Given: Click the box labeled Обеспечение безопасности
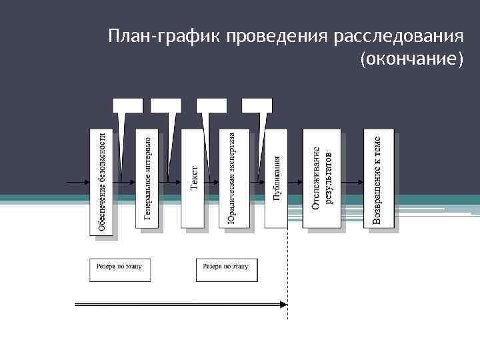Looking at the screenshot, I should [101, 181].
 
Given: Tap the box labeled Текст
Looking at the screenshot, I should [193, 179].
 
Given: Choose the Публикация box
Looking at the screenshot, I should [275, 179].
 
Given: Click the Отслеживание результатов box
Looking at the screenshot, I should [321, 179].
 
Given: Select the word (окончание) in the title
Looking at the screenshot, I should [411, 59].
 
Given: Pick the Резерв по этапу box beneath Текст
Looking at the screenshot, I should [227, 268].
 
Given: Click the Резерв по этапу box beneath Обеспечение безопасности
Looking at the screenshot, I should [120, 268].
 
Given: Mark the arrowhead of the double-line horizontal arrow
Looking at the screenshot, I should [283, 305].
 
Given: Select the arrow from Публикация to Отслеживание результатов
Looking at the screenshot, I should [295, 181].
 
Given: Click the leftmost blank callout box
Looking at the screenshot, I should [127, 105].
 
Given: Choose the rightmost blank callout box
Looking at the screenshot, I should [257, 105].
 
